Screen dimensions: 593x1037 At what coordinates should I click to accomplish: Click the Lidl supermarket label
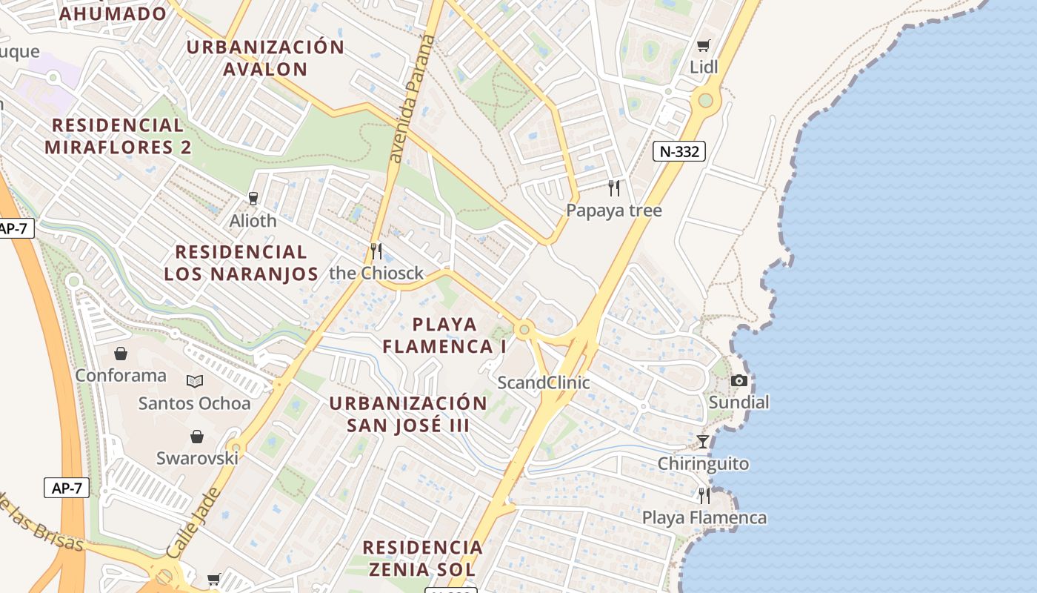[x=704, y=67]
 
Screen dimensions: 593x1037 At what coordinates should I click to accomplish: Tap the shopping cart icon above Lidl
[x=704, y=45]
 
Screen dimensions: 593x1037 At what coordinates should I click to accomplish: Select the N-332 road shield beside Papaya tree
[x=679, y=151]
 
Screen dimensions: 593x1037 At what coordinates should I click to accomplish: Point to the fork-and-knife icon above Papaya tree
[x=613, y=188]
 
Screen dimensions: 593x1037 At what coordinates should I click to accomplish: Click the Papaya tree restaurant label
[x=614, y=211]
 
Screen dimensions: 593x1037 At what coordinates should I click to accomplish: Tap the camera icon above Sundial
[x=738, y=380]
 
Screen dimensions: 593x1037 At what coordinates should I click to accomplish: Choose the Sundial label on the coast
[x=738, y=402]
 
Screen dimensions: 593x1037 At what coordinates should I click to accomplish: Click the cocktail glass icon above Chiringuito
[x=703, y=442]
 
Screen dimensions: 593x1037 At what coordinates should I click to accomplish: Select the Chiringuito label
[x=703, y=464]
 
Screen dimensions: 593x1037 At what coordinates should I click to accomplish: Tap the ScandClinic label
[x=544, y=382]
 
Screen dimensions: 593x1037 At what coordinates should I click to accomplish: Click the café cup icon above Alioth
[x=253, y=198]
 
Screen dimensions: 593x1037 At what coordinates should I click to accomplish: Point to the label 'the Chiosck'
[x=376, y=273]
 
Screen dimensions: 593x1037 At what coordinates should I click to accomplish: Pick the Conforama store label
[x=121, y=375]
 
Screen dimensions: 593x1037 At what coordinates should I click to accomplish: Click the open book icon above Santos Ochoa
[x=195, y=381]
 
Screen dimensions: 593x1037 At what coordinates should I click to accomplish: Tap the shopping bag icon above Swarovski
[x=197, y=437]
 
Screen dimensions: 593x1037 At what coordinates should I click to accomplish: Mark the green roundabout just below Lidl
[x=705, y=100]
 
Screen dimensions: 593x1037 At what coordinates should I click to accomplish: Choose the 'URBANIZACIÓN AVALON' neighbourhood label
[x=265, y=58]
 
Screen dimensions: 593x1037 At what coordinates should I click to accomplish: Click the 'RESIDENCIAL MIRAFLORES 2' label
[x=118, y=136]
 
